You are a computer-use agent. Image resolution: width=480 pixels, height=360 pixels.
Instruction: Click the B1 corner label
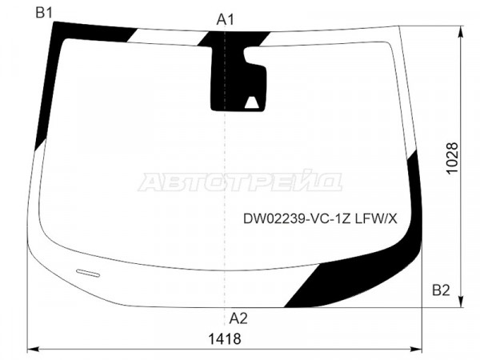(x=44, y=13)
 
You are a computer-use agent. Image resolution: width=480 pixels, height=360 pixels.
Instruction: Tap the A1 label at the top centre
(x=226, y=20)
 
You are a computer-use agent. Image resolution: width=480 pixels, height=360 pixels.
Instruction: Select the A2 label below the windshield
(x=238, y=318)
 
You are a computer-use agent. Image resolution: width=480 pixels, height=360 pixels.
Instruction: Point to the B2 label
(x=441, y=290)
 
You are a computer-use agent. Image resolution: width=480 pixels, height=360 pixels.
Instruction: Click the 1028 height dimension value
(x=452, y=158)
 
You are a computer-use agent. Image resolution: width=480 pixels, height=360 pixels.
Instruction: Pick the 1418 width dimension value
(x=225, y=339)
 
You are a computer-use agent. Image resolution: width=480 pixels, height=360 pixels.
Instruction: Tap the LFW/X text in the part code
(x=376, y=219)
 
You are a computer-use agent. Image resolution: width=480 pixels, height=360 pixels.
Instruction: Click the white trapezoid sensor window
(x=252, y=102)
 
